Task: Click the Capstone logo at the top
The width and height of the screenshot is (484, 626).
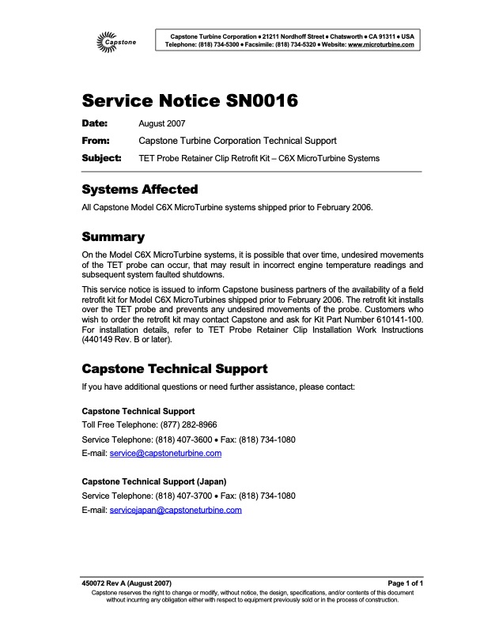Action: [115, 39]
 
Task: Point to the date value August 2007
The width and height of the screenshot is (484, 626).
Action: [161, 124]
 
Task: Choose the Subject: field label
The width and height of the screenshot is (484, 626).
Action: [101, 158]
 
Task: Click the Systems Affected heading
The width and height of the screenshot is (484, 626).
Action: [140, 190]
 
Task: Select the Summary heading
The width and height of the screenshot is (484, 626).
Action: [113, 236]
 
